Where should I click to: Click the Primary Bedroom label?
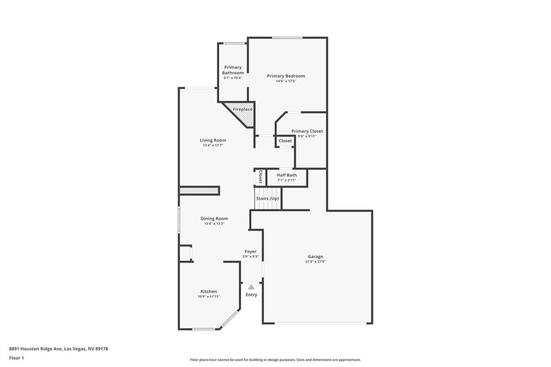tap(286, 76)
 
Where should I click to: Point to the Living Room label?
tap(214, 140)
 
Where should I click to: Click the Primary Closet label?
tap(306, 131)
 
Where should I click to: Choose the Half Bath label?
tap(287, 175)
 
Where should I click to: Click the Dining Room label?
tap(214, 218)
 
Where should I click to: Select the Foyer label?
tap(251, 251)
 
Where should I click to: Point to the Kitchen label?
tap(209, 291)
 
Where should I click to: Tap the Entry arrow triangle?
tap(251, 287)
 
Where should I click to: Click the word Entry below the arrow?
tap(251, 295)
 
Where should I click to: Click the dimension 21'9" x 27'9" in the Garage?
tap(315, 262)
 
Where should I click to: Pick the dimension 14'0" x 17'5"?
tap(286, 81)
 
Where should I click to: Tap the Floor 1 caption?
tap(17, 359)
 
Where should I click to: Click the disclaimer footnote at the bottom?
tap(275, 359)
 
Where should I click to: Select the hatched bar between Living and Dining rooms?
tap(199, 190)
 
